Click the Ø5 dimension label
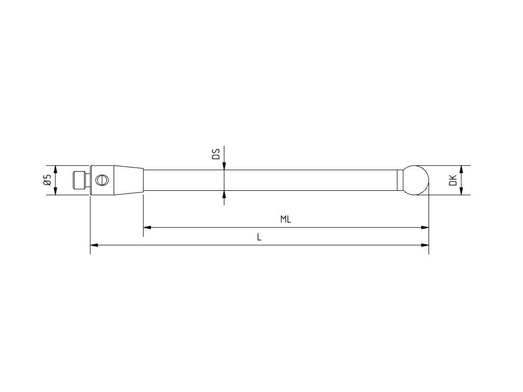[47, 180]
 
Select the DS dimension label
[216, 153]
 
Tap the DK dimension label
[452, 180]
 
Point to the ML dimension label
[285, 219]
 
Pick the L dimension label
[259, 237]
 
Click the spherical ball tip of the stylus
[417, 180]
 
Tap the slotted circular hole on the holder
[103, 180]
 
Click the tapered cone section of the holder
[129, 180]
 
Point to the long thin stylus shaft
[270, 180]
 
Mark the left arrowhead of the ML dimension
[147, 227]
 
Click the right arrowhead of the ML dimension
[425, 227]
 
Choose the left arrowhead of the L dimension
[94, 245]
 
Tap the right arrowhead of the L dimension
[425, 245]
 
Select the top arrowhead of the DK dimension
[461, 169]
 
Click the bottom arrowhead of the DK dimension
[461, 191]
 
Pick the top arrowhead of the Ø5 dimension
[56, 169]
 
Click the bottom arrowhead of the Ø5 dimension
[56, 191]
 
